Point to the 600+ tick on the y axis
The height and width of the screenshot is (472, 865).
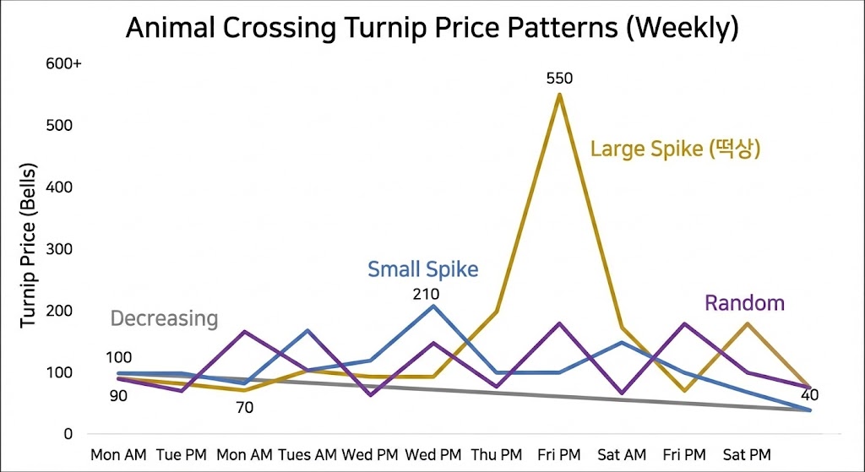(63, 63)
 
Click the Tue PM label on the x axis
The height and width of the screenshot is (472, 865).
(183, 454)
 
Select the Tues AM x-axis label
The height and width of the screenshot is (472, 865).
(307, 454)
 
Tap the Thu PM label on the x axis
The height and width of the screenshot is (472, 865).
(498, 454)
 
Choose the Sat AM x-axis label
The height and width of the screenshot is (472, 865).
(623, 454)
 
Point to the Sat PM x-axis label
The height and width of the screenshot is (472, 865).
(747, 454)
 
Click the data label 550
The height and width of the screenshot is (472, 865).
(559, 79)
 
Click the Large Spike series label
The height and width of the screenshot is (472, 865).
(676, 149)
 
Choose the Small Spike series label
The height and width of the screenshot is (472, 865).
(422, 269)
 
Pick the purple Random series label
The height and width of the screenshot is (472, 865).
(744, 303)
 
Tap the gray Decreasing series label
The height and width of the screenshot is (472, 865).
(164, 318)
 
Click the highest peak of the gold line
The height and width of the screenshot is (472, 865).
(559, 94)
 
